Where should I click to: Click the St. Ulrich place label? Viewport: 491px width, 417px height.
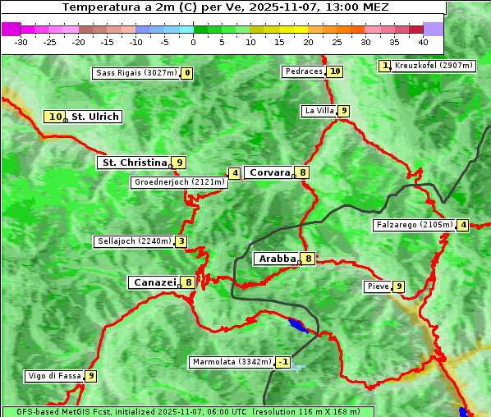(95, 117)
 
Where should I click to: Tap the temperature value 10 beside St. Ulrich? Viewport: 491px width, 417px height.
(55, 117)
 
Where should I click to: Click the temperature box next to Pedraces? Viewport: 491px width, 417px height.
(335, 71)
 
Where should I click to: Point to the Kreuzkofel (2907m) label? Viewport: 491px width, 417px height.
(433, 65)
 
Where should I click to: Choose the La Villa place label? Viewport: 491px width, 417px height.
(319, 111)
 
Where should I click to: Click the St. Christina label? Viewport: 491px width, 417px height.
(133, 163)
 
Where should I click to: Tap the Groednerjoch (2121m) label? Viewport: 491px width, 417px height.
(179, 182)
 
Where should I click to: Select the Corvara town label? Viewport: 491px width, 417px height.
(269, 172)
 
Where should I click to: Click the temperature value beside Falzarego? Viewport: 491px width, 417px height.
(463, 225)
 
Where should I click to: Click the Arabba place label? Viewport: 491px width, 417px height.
(278, 259)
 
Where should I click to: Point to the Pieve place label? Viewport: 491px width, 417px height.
(378, 286)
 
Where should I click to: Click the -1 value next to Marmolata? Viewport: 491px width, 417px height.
(283, 362)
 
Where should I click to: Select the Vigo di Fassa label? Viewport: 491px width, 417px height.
(55, 376)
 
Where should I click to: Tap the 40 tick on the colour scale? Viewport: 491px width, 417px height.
(423, 41)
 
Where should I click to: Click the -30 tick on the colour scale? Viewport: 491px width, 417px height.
(21, 41)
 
